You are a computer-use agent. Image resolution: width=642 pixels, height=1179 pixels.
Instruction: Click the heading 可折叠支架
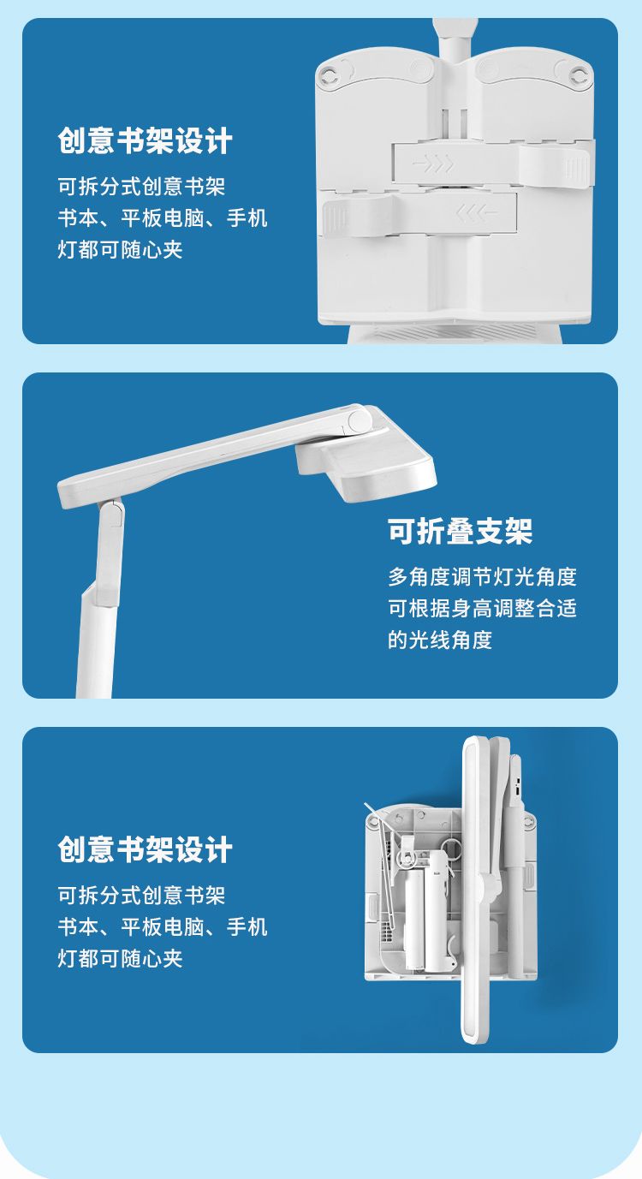[461, 531]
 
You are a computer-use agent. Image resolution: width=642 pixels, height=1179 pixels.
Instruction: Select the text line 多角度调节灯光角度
[483, 577]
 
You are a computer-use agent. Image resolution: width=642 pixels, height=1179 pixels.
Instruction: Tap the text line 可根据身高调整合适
[483, 609]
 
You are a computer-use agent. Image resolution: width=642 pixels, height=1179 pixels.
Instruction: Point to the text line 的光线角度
[440, 640]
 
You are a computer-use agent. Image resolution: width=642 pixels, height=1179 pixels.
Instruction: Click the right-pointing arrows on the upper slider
[432, 164]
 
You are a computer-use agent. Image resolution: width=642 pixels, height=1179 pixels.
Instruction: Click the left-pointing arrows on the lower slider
[476, 212]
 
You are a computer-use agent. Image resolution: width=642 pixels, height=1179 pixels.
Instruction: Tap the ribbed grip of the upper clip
[577, 168]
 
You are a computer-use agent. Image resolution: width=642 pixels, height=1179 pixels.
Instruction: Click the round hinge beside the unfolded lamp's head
[360, 420]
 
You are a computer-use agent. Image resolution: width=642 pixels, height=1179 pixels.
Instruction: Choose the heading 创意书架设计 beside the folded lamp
[145, 849]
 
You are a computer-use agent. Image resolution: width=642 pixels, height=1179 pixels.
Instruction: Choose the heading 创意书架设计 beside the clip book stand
[145, 140]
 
